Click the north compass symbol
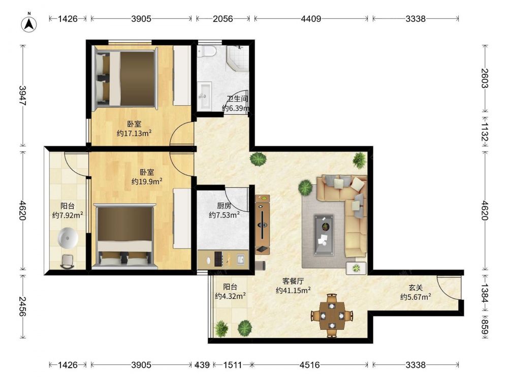[29, 23]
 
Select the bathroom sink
[204, 96]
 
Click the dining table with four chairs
[332, 315]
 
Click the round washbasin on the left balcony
[68, 238]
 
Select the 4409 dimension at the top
[311, 19]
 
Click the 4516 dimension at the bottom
[310, 365]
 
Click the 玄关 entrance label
[416, 288]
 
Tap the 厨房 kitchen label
[224, 206]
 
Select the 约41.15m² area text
[293, 290]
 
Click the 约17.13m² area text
[134, 133]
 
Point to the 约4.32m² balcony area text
[230, 296]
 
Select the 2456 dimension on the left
[22, 306]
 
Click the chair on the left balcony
[68, 262]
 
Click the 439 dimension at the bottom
[202, 365]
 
